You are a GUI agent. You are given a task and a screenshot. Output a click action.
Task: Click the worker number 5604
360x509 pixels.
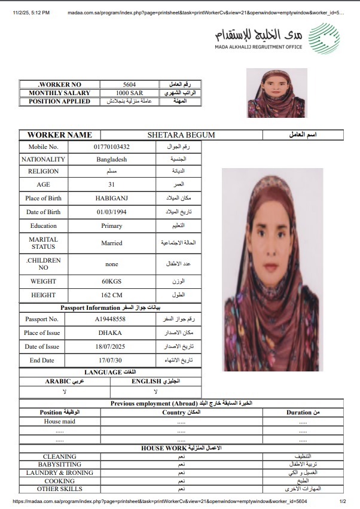[129, 85]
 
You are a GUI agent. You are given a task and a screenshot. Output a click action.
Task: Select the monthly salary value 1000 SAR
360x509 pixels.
[129, 93]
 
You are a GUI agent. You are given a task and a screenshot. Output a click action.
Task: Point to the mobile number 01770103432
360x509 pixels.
[111, 147]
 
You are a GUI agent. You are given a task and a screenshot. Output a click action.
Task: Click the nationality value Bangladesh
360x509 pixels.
[111, 160]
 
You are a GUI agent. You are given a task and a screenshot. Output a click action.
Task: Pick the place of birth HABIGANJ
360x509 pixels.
[111, 198]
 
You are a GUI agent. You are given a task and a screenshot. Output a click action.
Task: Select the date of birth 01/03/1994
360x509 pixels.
[111, 212]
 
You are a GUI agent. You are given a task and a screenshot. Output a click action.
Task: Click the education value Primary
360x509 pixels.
[111, 226]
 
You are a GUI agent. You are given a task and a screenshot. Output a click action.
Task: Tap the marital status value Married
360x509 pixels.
[111, 243]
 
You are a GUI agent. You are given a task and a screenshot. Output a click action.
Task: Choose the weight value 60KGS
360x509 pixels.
[111, 281]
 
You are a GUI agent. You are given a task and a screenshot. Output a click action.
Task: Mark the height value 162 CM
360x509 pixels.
[111, 295]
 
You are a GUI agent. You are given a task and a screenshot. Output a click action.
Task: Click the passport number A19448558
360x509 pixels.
[111, 319]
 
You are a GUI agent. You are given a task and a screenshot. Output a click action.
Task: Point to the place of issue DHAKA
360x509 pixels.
[111, 333]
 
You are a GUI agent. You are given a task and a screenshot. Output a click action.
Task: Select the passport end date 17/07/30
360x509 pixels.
[111, 360]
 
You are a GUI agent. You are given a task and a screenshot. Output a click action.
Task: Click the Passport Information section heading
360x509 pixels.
[111, 307]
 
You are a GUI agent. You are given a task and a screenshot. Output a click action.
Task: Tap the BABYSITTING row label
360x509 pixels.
[59, 464]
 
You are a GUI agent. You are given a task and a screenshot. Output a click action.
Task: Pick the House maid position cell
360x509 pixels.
[59, 421]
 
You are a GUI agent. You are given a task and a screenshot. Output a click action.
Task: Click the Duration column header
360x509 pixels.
[302, 412]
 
